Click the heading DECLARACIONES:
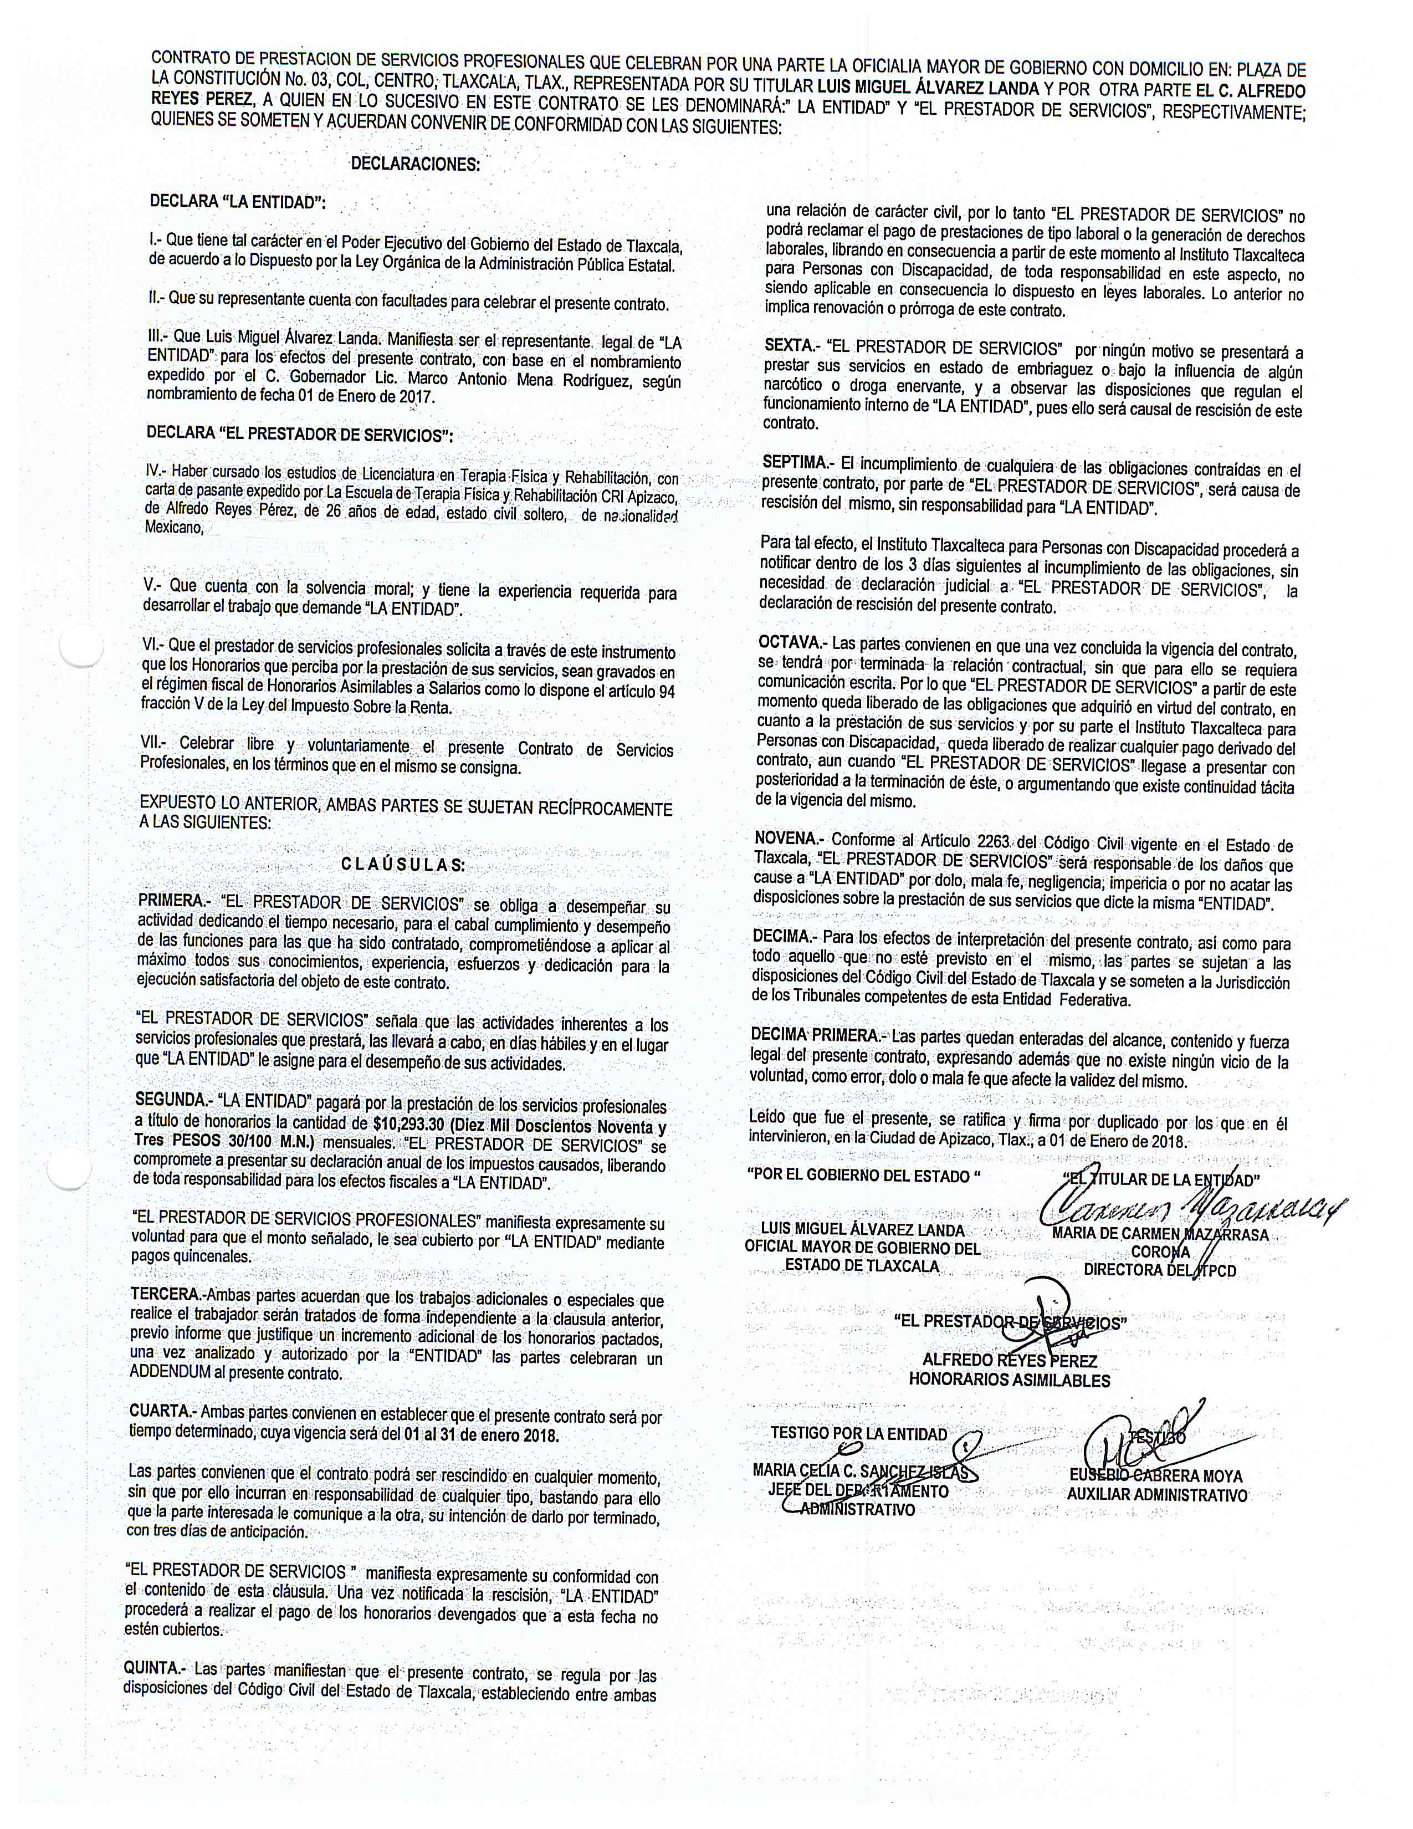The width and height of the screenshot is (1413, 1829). (415, 164)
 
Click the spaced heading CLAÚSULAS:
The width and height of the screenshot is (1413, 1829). (403, 865)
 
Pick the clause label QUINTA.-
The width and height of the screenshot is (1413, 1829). (156, 1668)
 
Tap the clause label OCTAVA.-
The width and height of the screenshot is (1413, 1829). (792, 642)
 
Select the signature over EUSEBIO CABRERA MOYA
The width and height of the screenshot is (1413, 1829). (1139, 1440)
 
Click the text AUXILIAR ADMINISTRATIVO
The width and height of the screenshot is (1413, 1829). (1157, 1495)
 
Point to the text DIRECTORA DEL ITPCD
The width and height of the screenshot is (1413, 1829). (1159, 1270)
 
